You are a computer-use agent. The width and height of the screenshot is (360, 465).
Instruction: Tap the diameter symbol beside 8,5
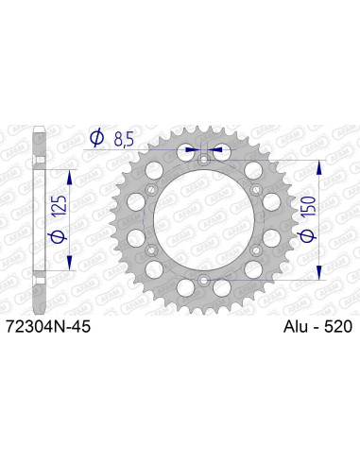click(x=96, y=139)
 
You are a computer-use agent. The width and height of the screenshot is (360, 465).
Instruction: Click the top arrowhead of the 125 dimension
click(x=70, y=177)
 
